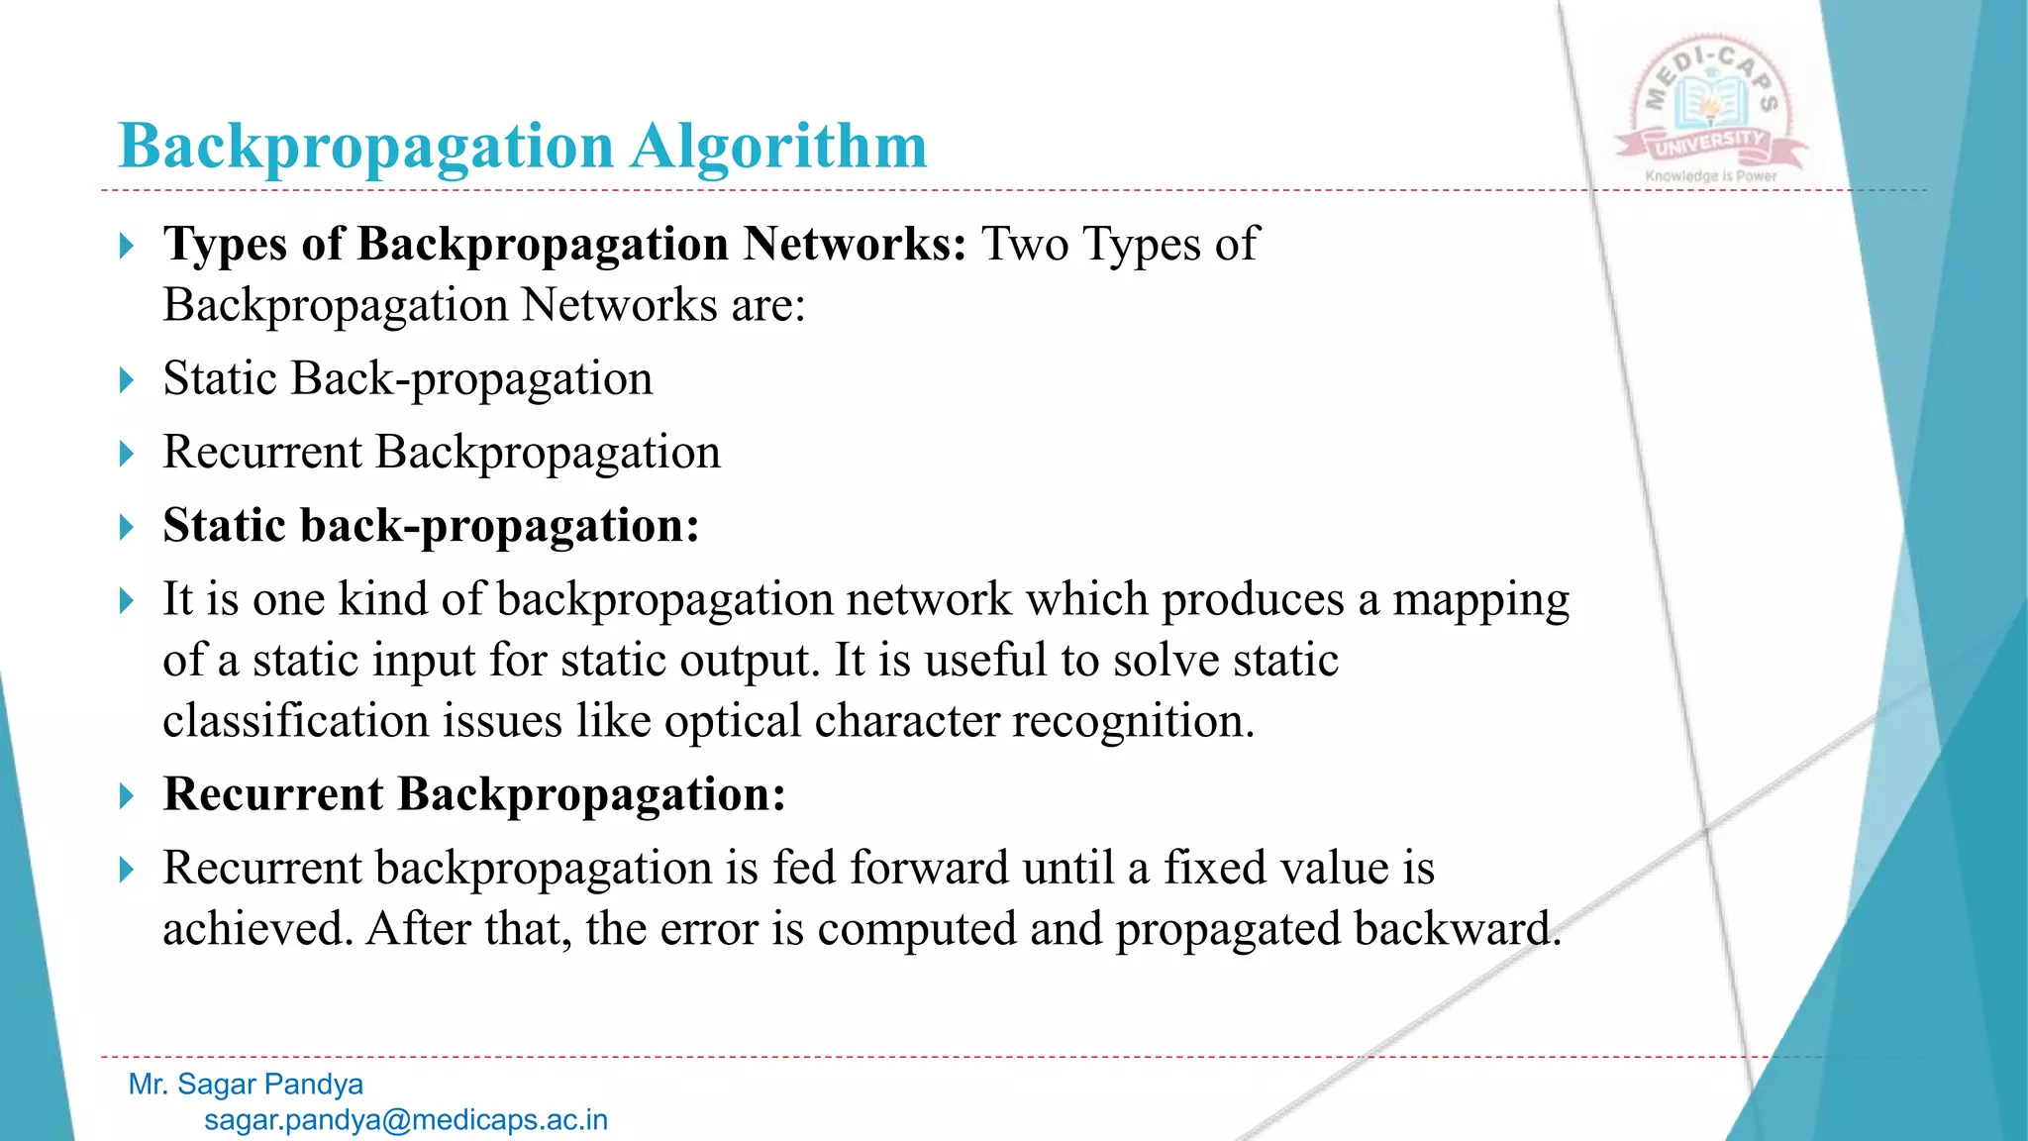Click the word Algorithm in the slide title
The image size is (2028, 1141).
(778, 147)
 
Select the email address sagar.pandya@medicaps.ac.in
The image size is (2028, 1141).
(406, 1120)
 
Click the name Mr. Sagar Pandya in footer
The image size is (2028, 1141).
(246, 1085)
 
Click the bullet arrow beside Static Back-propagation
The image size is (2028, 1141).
(126, 380)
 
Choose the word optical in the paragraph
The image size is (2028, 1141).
(732, 721)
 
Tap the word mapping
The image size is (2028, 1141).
(1480, 600)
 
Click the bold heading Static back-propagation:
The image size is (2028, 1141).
(431, 526)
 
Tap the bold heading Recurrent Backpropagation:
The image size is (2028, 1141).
(474, 794)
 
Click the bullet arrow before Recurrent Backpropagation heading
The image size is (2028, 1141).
(126, 796)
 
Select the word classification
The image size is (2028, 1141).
(295, 721)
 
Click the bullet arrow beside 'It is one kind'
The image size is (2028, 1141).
(126, 601)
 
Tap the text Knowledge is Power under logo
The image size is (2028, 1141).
(1711, 176)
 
